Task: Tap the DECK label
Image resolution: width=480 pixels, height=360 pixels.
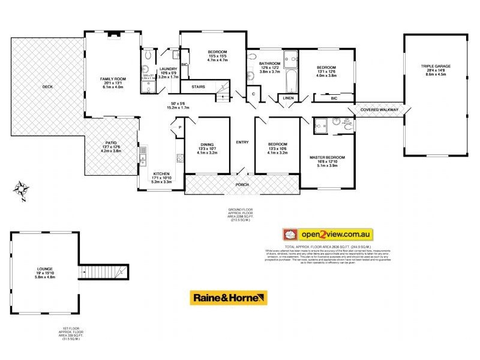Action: tap(47, 87)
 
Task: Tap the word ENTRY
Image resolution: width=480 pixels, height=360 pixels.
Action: tap(242, 142)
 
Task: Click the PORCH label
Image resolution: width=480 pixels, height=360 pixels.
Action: tap(242, 184)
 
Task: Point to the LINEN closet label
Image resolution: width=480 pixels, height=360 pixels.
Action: tap(288, 98)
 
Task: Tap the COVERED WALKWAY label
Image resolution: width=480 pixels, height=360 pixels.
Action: tap(379, 110)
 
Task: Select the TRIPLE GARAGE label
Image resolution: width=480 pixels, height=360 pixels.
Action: tap(435, 66)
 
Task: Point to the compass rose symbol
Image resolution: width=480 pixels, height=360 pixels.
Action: tap(22, 190)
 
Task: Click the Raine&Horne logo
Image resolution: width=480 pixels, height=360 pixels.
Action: tap(229, 298)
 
